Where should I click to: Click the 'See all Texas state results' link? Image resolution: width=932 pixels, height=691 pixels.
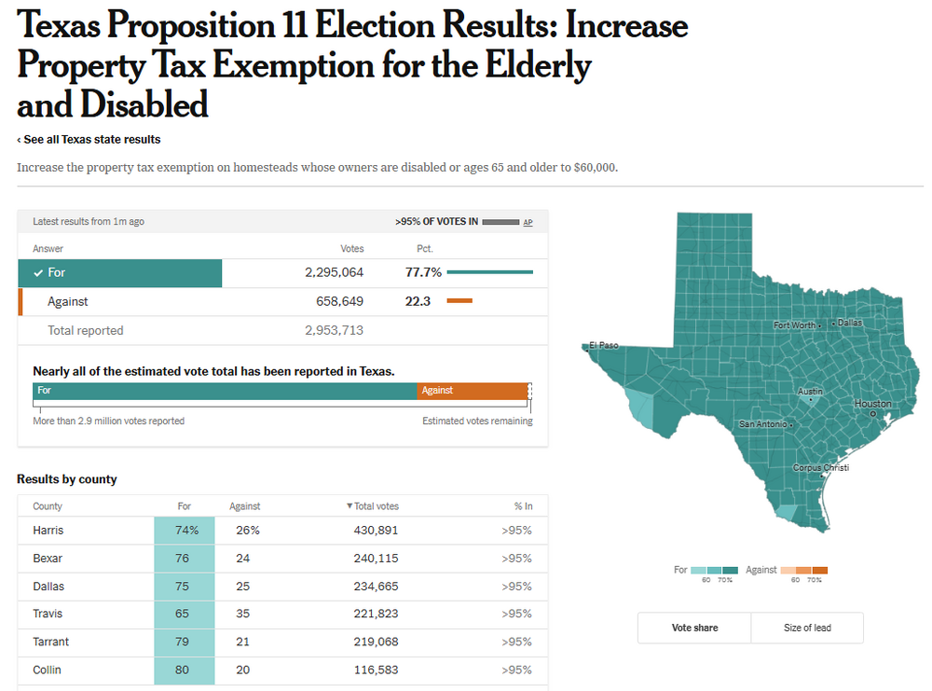[89, 140]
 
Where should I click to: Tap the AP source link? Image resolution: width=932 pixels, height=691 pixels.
[528, 222]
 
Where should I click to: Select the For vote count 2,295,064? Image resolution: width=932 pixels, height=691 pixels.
[334, 273]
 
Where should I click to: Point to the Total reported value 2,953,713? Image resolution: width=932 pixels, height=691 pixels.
[334, 330]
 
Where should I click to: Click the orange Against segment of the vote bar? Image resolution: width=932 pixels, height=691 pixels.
[473, 391]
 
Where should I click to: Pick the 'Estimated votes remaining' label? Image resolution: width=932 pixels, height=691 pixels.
[477, 422]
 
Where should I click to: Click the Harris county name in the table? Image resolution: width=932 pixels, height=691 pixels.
[48, 531]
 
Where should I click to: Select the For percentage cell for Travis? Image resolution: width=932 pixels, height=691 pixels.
[184, 614]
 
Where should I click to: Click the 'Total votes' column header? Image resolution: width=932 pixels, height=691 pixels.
[373, 506]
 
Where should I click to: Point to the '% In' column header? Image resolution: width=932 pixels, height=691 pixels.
[523, 506]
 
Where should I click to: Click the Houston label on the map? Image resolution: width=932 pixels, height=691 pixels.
[873, 404]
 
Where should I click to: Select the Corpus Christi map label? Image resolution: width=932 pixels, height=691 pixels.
[820, 467]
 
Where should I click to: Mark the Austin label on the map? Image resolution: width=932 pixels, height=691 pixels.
[810, 392]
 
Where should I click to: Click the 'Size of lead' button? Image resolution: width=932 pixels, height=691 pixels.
[807, 628]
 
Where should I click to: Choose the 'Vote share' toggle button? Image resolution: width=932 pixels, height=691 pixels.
[694, 628]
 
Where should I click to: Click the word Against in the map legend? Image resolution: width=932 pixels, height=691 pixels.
[761, 570]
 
